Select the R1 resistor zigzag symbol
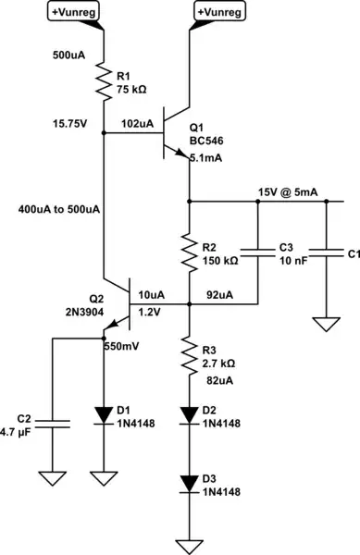coord(103,84)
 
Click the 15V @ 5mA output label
coord(288,191)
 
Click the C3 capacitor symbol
coord(256,250)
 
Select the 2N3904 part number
coord(84,311)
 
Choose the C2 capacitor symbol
coord(52,424)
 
